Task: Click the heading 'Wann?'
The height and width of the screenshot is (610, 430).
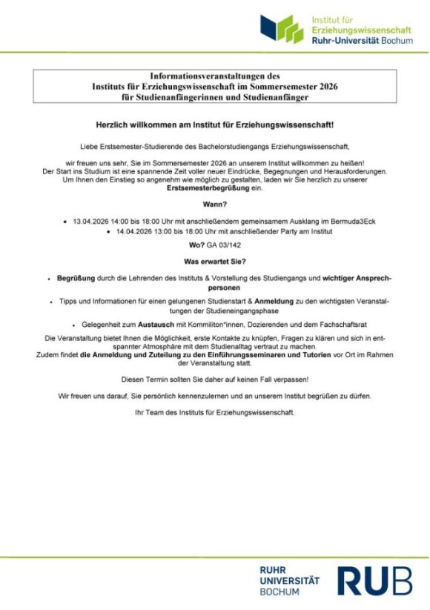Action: (214, 204)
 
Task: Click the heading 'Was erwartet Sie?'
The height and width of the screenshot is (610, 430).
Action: (214, 262)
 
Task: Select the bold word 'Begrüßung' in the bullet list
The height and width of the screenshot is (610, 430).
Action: (76, 278)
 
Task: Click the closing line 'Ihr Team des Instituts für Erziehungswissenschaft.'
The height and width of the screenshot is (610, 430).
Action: (214, 412)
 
